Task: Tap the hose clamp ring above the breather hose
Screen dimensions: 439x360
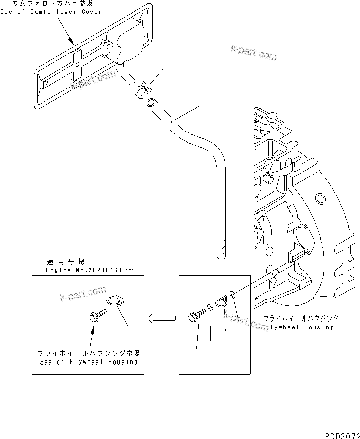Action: coord(140,89)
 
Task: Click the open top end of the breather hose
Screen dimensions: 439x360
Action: coord(151,103)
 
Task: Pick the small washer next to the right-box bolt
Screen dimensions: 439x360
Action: coord(210,308)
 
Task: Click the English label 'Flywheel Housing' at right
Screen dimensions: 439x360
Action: coord(300,327)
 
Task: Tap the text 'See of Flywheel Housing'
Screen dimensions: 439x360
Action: coord(89,361)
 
